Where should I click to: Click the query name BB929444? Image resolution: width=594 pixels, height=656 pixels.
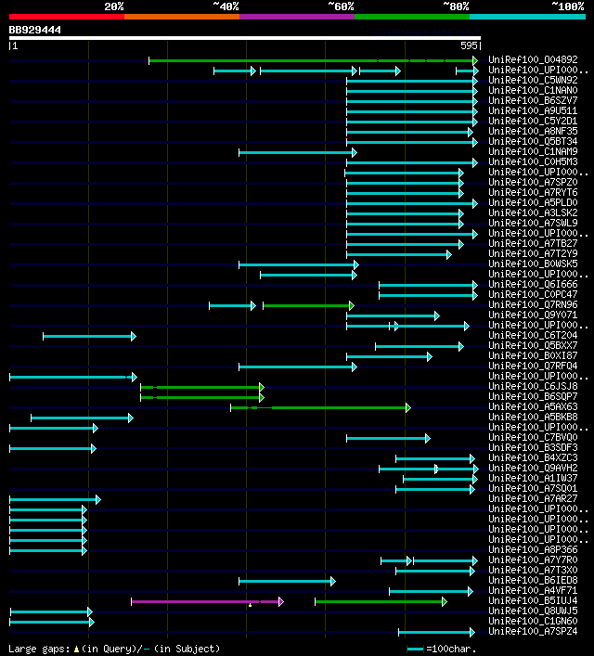(x=35, y=30)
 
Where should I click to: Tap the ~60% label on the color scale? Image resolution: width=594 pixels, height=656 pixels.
(x=341, y=6)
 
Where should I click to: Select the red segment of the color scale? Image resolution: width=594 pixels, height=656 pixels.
(x=66, y=16)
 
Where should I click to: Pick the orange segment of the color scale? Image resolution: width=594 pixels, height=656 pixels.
(x=181, y=16)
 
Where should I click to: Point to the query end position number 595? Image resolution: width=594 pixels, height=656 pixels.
(x=469, y=45)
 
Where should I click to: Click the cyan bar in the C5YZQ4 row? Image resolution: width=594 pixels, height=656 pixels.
(x=88, y=335)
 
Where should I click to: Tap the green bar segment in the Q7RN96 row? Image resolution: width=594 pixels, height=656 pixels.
(x=307, y=304)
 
